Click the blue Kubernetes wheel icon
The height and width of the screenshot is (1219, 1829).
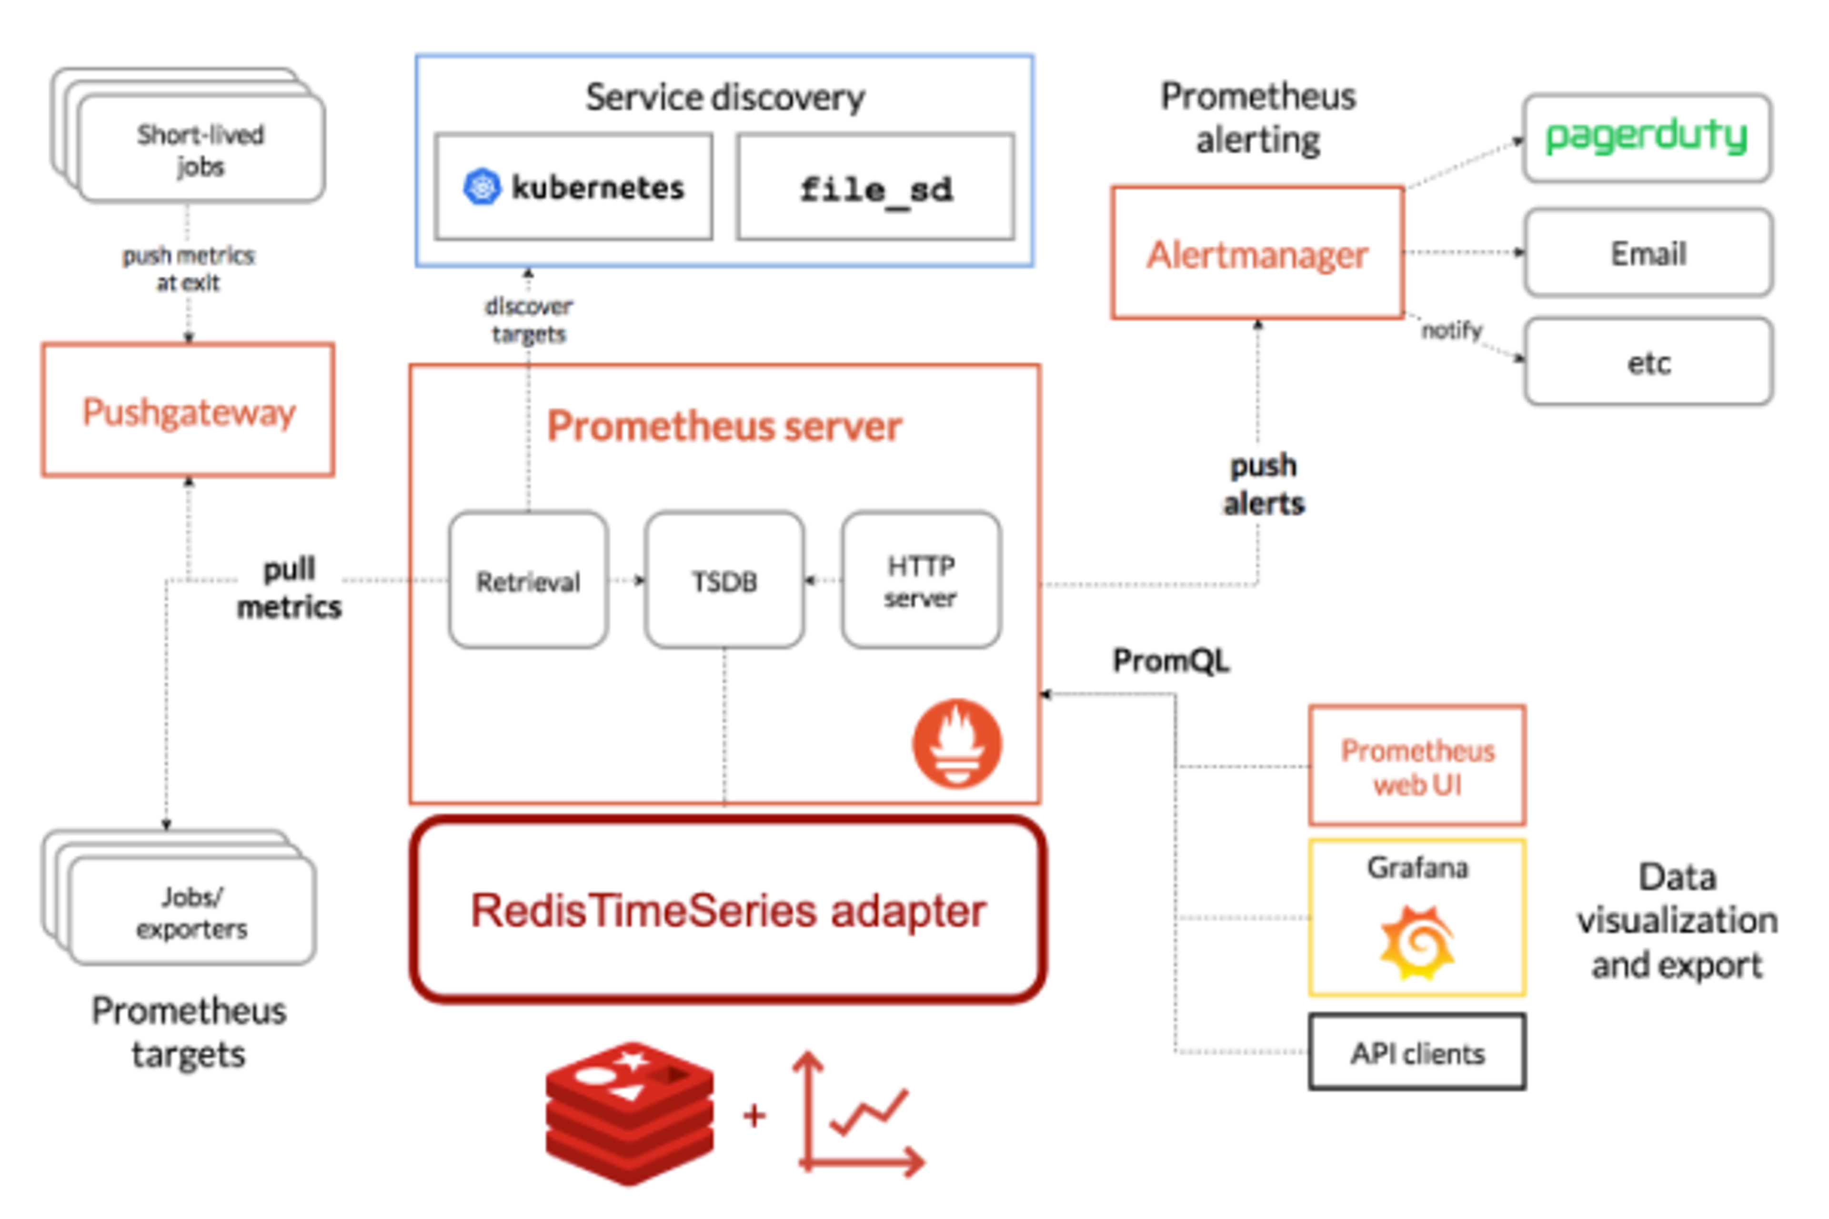[x=482, y=187]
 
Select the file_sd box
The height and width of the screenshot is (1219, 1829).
[x=875, y=187]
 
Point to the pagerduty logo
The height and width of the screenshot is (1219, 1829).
[x=1646, y=137]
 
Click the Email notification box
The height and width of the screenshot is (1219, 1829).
[x=1648, y=253]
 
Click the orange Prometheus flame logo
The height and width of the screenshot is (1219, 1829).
[x=957, y=743]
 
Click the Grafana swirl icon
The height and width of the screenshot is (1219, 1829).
[x=1417, y=943]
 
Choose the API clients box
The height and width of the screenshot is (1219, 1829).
[x=1417, y=1053]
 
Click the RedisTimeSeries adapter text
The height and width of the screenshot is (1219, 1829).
[x=728, y=910]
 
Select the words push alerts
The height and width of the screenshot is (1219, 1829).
[x=1263, y=484]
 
